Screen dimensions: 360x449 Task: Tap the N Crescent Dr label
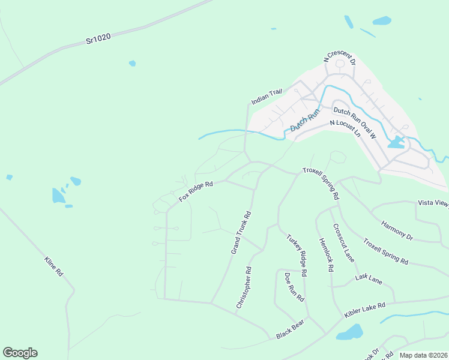coord(340,58)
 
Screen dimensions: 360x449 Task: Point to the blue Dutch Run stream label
coord(305,120)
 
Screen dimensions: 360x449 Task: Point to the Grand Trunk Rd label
coord(241,232)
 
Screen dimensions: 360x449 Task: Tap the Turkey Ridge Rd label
coord(297,254)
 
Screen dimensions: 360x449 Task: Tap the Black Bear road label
coord(291,329)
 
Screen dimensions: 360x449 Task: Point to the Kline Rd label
coord(54,266)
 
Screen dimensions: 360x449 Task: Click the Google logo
coord(20,353)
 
